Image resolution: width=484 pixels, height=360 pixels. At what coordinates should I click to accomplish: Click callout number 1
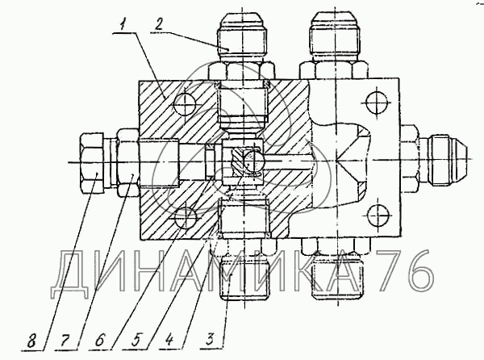pyautogui.click(x=123, y=30)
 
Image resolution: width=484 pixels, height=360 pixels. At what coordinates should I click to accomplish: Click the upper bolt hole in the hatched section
pyautogui.click(x=183, y=104)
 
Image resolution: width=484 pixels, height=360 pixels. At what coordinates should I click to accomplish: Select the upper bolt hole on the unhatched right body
pyautogui.click(x=374, y=102)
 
